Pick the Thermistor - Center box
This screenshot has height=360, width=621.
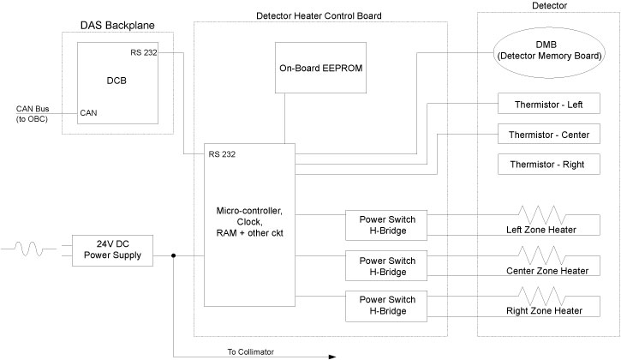[548, 135]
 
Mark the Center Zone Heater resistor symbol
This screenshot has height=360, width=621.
[540, 255]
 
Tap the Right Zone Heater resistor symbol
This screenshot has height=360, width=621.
[540, 295]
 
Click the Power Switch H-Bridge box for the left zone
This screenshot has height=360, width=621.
[386, 223]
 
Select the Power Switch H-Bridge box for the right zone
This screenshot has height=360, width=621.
[386, 305]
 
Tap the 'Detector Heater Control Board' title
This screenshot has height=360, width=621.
[319, 15]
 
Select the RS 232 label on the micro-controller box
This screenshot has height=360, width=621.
[222, 154]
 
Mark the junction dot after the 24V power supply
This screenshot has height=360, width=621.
[173, 255]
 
